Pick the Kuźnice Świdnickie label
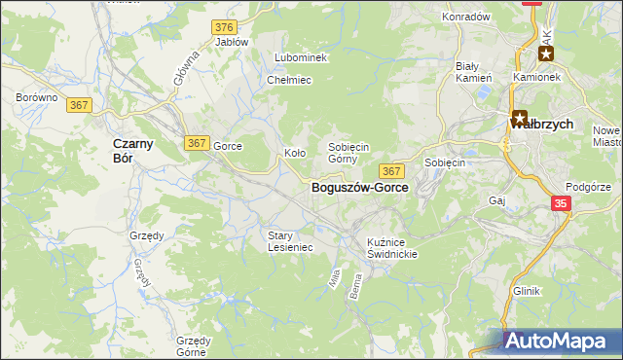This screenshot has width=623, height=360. (392, 247)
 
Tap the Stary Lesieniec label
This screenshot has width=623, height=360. (290, 241)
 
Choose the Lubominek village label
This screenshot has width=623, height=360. (301, 57)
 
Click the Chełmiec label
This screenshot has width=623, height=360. (288, 80)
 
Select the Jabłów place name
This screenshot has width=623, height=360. (232, 42)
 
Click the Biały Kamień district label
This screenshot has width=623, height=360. (473, 72)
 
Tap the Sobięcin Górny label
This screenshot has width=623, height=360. (348, 152)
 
